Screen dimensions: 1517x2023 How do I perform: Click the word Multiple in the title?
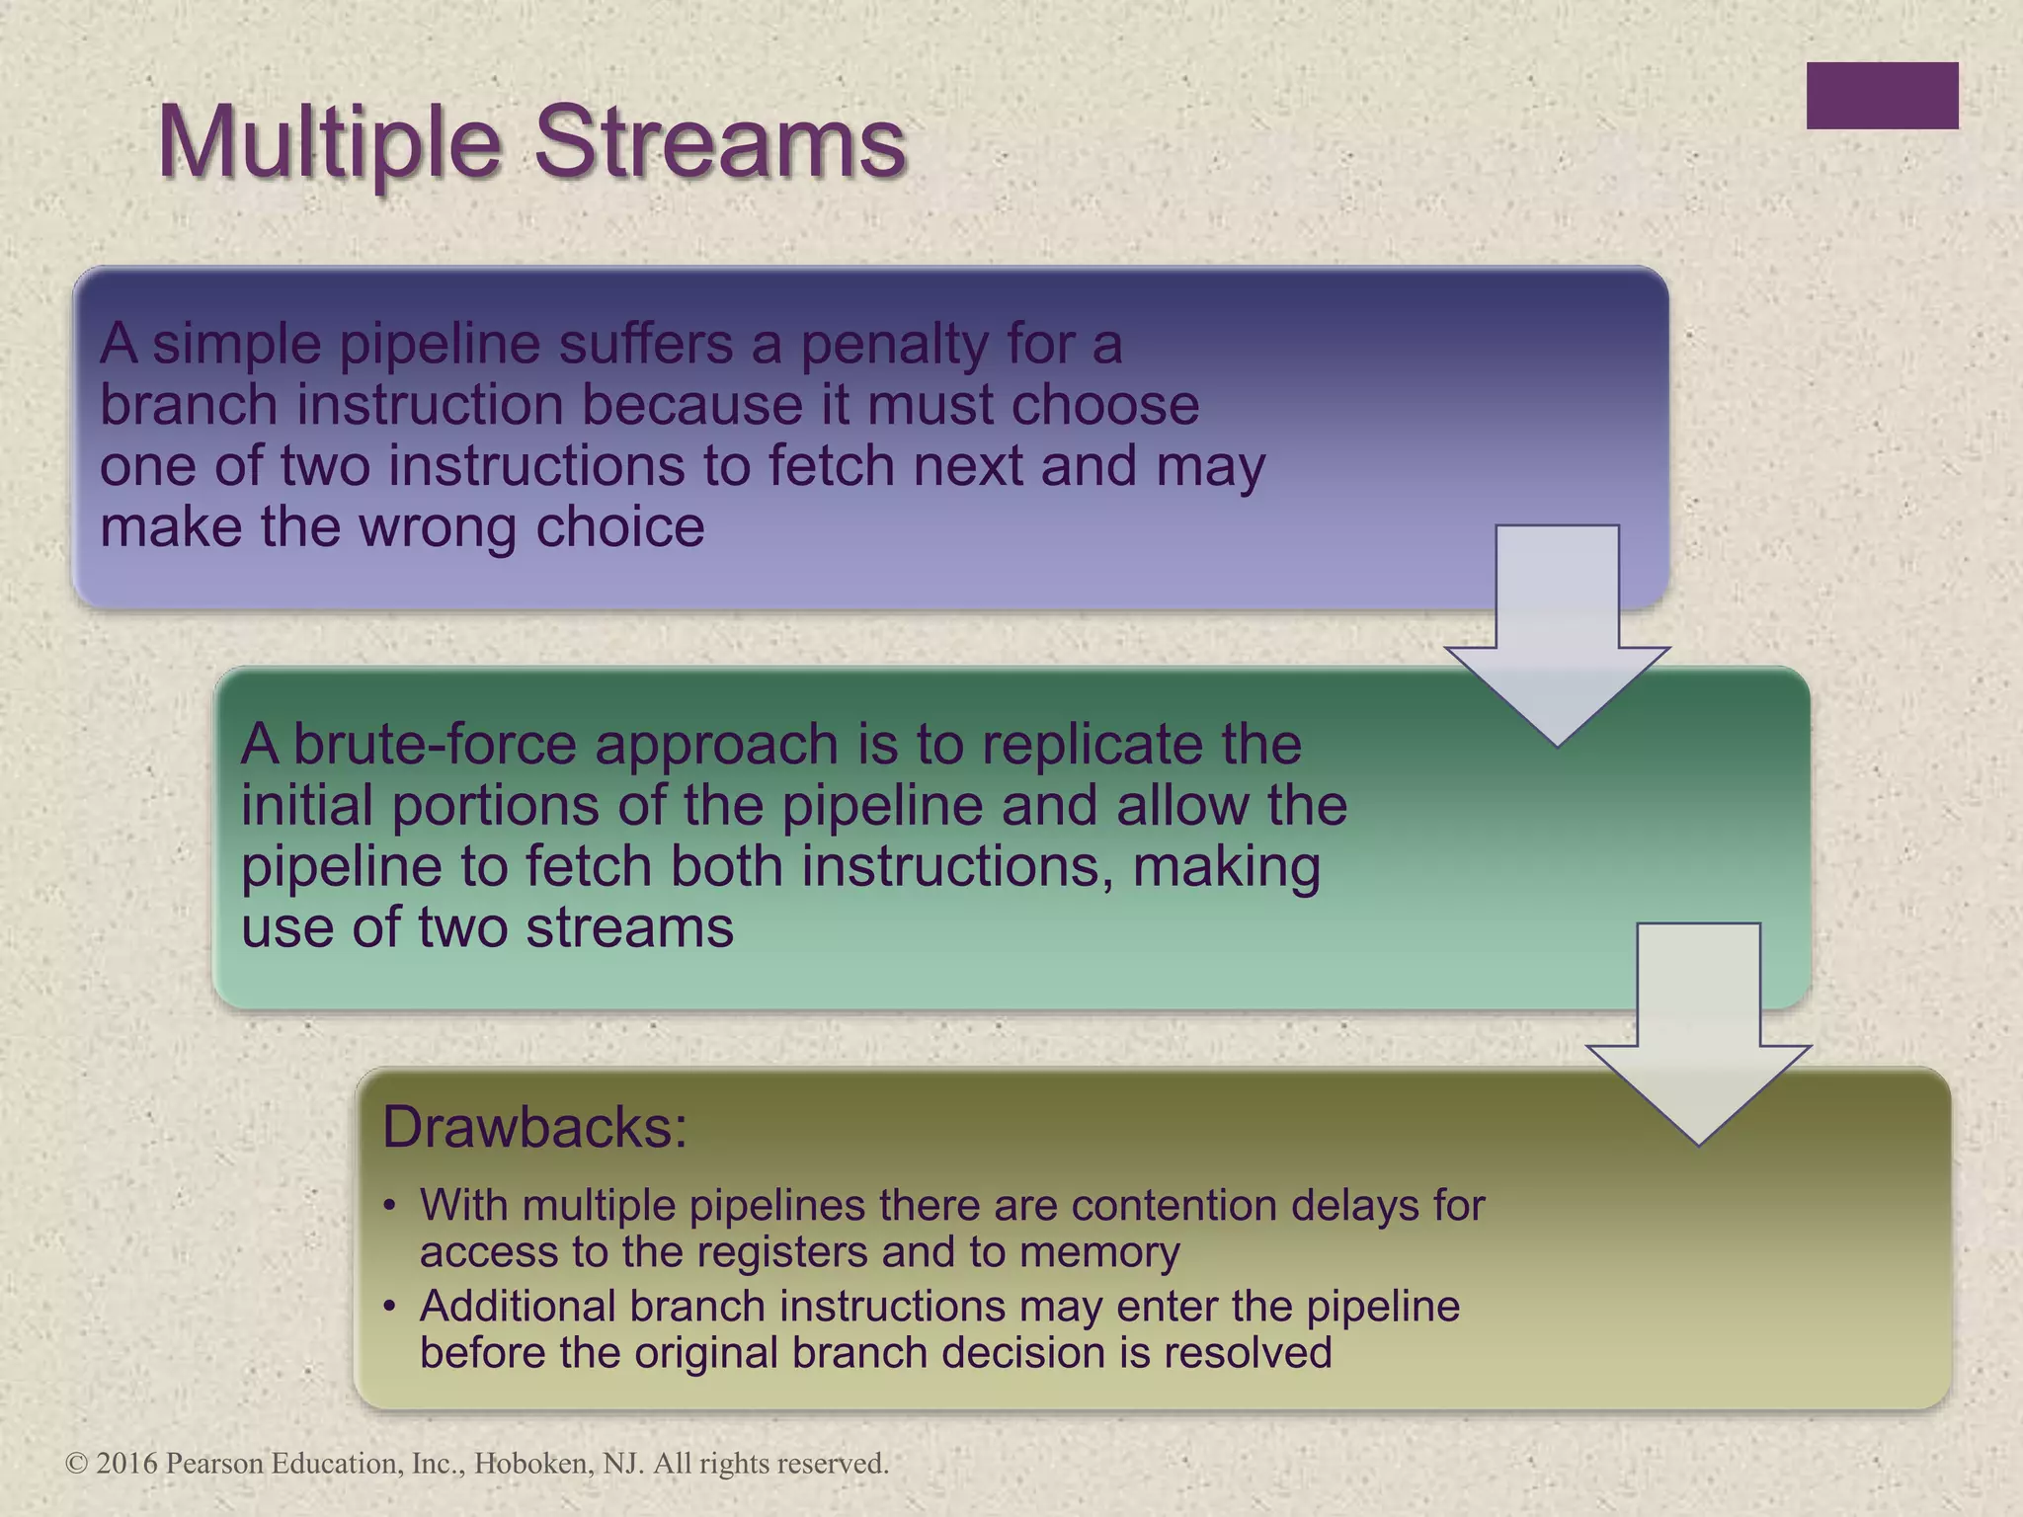pos(330,143)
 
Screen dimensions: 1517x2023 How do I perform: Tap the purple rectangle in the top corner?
pos(1882,96)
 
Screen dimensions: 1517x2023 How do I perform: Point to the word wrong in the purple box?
pos(439,527)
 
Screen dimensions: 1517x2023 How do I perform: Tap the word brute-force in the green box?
pos(436,744)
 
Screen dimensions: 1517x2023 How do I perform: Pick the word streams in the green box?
pos(628,927)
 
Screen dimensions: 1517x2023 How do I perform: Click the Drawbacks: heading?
pos(534,1127)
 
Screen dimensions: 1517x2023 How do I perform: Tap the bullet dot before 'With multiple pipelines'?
pos(390,1206)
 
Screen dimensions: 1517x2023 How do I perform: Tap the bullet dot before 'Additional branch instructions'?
pos(390,1307)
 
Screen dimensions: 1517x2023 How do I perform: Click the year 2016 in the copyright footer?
pos(127,1464)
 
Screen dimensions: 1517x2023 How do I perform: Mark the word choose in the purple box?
pos(1105,406)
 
